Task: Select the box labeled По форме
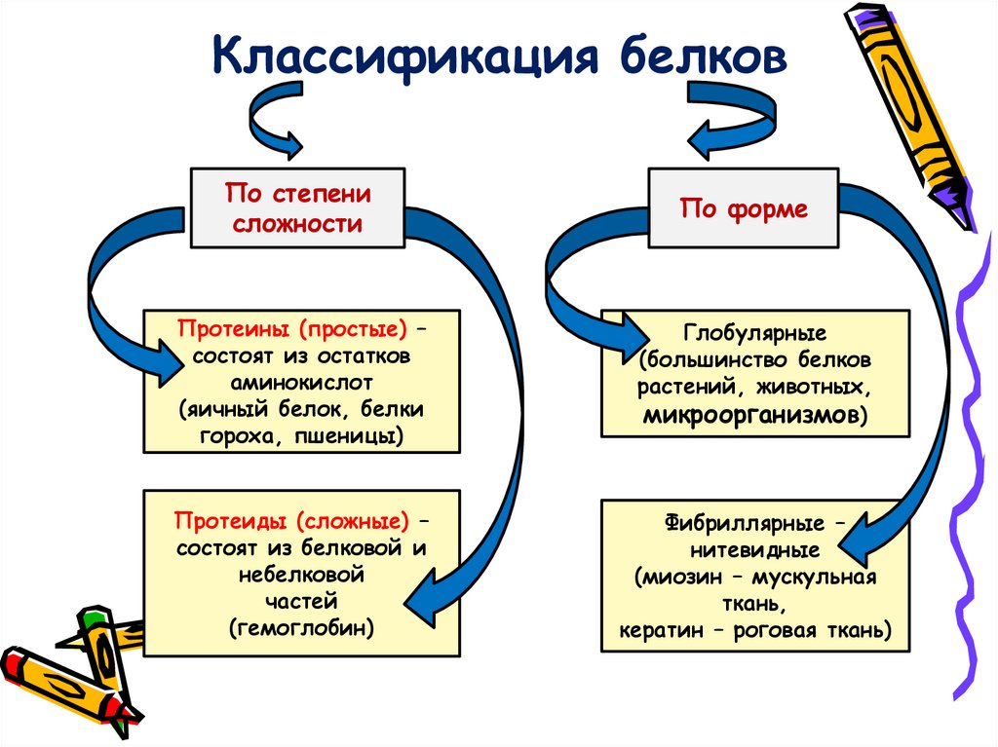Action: (x=744, y=207)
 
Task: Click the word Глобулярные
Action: (x=755, y=332)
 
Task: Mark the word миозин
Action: (x=682, y=577)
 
